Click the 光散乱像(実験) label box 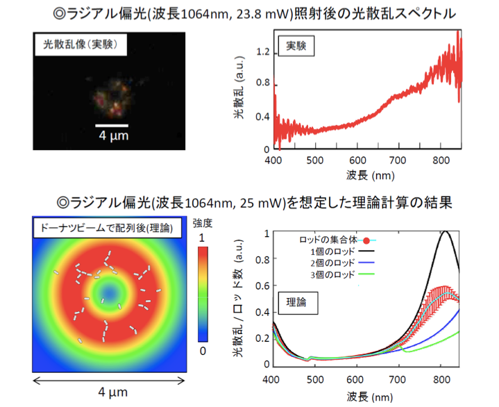pos(79,44)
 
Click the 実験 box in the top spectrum pos(296,45)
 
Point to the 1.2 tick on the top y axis pos(262,51)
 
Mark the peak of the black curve pos(445,232)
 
